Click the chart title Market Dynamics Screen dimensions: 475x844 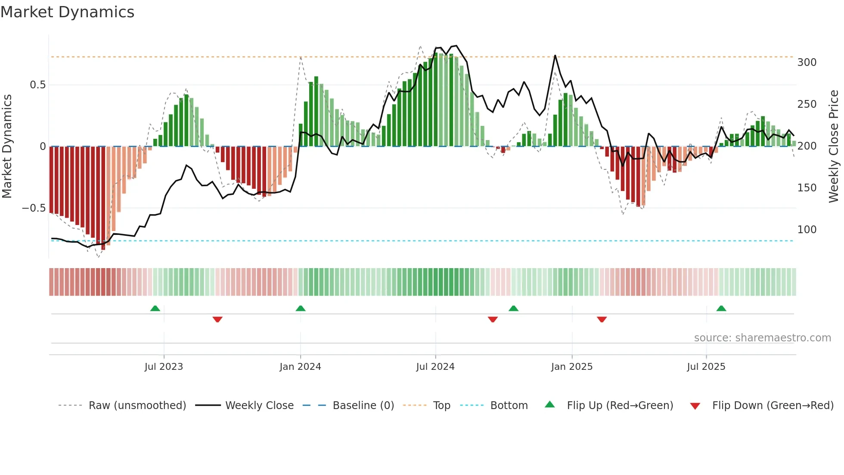67,12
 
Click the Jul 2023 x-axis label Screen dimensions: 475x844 164,367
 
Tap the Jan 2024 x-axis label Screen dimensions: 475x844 300,367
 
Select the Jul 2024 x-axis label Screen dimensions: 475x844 435,367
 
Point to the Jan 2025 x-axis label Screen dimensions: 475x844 572,367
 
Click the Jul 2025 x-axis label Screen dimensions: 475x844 706,367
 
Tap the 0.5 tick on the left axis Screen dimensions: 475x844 38,85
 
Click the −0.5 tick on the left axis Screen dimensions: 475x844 34,208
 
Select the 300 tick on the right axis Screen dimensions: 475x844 807,62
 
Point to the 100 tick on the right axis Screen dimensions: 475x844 807,230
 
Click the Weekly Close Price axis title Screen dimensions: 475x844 834,147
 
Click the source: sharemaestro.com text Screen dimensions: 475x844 762,338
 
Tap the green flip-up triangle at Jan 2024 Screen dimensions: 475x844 301,309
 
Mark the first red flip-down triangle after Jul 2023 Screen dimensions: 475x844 217,319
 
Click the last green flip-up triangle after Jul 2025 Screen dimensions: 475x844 721,309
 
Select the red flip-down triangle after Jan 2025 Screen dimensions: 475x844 602,319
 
